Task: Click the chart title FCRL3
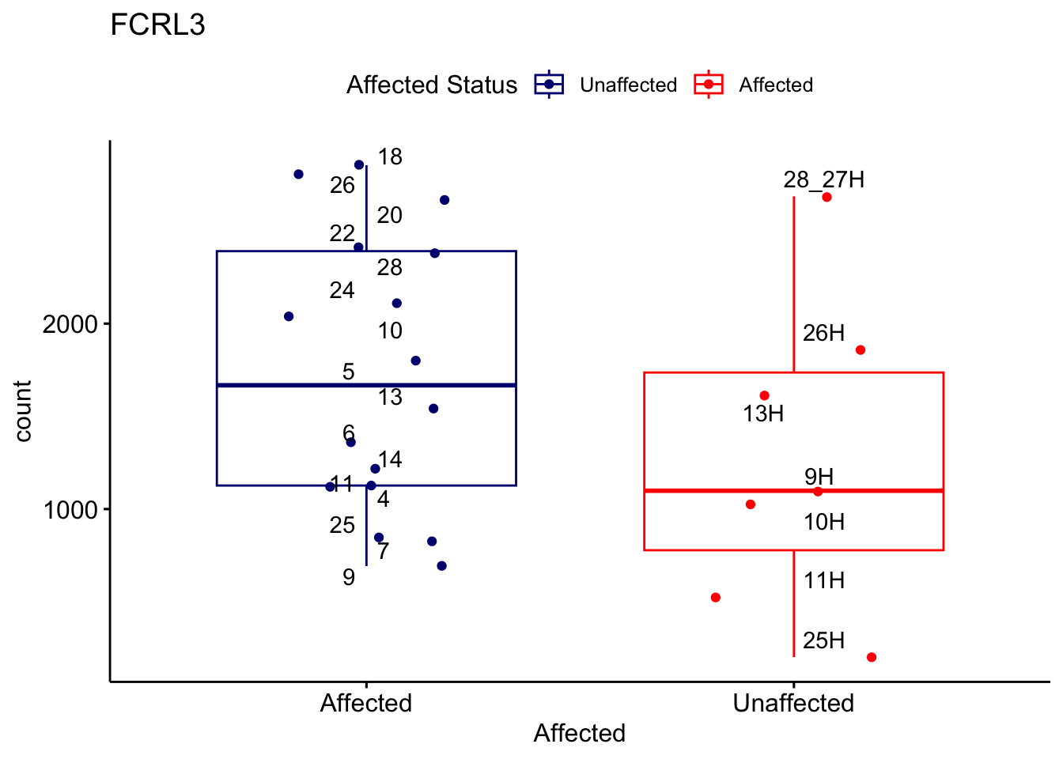click(x=157, y=25)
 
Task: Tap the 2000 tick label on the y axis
click(x=70, y=324)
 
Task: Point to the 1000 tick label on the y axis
click(x=70, y=510)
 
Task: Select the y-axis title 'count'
click(x=23, y=411)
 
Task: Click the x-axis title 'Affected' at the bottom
click(x=579, y=733)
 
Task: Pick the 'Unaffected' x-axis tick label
click(x=793, y=703)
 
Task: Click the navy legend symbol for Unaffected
click(x=549, y=85)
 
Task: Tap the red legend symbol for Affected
click(x=709, y=85)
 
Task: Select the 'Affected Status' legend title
click(x=432, y=85)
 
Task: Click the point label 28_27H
click(x=823, y=180)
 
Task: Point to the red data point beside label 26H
click(x=861, y=350)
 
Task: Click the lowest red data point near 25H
click(x=872, y=657)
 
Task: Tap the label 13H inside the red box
click(x=763, y=413)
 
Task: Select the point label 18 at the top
click(x=390, y=157)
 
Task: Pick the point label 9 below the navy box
click(x=349, y=577)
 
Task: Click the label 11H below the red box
click(x=824, y=581)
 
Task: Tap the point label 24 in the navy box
click(x=342, y=291)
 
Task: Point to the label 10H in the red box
click(x=824, y=522)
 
